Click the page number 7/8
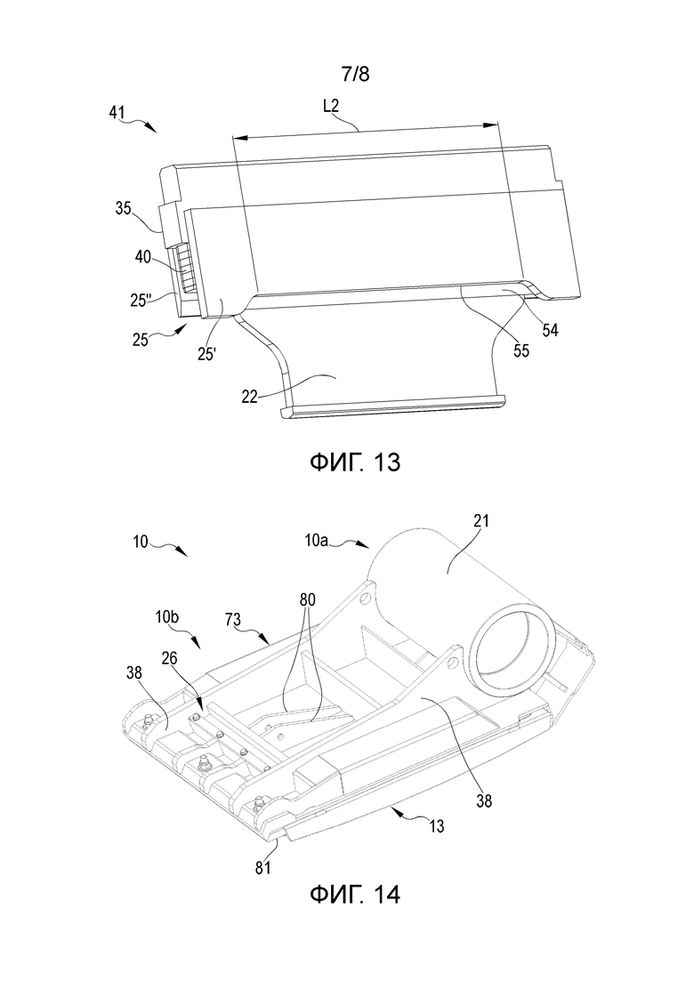(x=355, y=75)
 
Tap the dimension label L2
(x=331, y=106)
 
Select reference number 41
(x=117, y=113)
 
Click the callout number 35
(x=124, y=209)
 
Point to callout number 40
(x=143, y=256)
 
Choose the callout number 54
(x=550, y=330)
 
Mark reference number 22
(x=250, y=396)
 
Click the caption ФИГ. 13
(x=355, y=462)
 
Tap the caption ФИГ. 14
(x=355, y=895)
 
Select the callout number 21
(x=481, y=520)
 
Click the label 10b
(x=167, y=617)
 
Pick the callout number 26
(x=169, y=658)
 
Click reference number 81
(x=262, y=868)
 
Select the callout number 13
(x=436, y=826)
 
